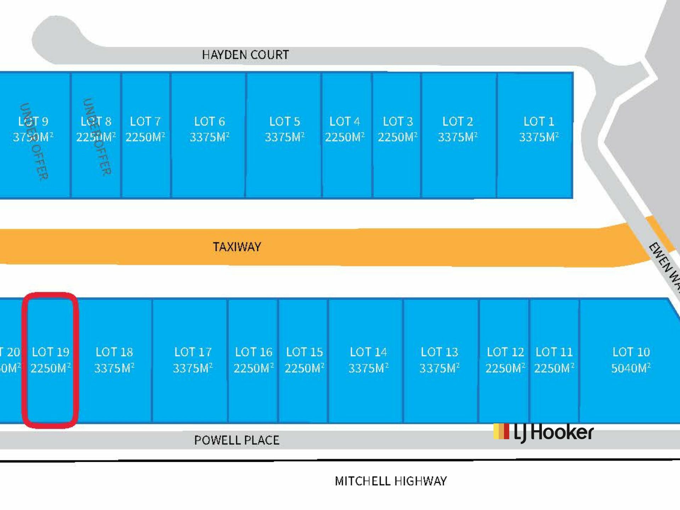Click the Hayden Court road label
[x=245, y=55]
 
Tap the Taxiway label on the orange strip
[x=237, y=247]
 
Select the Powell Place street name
[x=237, y=440]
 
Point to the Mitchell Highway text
[x=391, y=481]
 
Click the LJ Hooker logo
[x=543, y=432]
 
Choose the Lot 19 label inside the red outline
[x=51, y=352]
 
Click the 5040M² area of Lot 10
[x=631, y=368]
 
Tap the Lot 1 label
[x=539, y=121]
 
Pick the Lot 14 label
[x=368, y=352]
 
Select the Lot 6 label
[x=209, y=121]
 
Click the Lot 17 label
[x=193, y=352]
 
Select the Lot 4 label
[x=344, y=121]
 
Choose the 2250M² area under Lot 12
[x=505, y=368]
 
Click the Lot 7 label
[x=145, y=121]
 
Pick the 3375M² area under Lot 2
[x=458, y=137]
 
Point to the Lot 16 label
[x=254, y=352]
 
